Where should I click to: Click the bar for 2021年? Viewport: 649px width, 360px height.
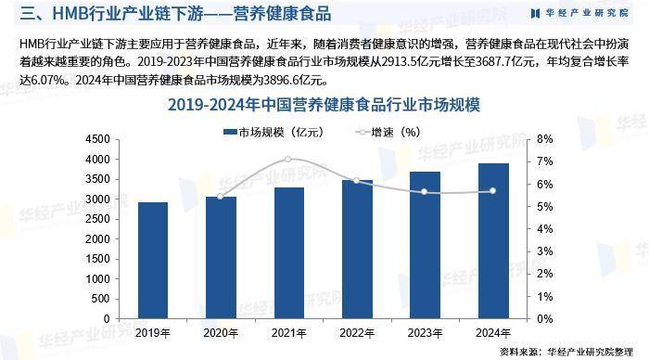coord(288,252)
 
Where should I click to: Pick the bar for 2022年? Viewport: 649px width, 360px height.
coord(356,249)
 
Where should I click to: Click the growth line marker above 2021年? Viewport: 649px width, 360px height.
coord(288,160)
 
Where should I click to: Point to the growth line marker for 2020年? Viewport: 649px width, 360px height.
coord(221,197)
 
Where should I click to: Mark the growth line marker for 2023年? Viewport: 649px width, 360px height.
coord(424,192)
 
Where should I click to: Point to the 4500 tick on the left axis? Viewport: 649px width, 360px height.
coord(95,139)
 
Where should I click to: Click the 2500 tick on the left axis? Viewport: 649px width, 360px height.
coord(95,219)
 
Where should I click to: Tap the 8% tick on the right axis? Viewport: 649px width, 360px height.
coord(545,139)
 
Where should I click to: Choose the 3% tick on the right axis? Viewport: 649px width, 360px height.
coord(545,251)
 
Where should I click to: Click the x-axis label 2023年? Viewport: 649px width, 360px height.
coord(424,331)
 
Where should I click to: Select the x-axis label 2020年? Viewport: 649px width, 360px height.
coord(221,331)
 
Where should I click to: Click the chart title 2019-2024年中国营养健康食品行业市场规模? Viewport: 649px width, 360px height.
coord(324,105)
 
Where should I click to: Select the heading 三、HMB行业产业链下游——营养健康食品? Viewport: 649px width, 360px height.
coord(176,14)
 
